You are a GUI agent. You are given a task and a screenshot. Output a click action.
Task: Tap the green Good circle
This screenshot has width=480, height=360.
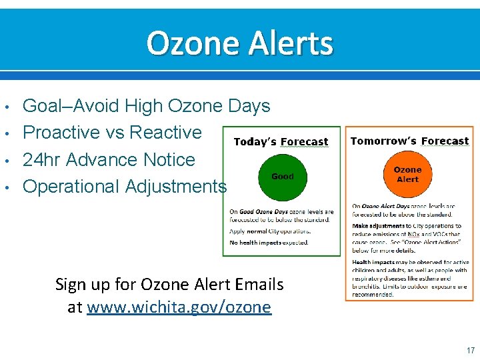pos(282,177)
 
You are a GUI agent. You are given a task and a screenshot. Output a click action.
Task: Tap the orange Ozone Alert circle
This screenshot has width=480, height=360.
pos(407,175)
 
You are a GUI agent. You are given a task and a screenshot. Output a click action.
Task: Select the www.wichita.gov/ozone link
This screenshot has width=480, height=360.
pos(179,307)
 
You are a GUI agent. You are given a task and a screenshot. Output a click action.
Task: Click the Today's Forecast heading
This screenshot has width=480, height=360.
pos(281,142)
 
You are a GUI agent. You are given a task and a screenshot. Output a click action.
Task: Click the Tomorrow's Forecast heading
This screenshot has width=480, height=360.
pos(409,141)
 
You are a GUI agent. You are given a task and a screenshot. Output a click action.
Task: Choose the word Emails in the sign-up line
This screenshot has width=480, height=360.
pos(257,285)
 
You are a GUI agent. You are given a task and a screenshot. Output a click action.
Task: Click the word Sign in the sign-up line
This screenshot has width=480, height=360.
pos(70,285)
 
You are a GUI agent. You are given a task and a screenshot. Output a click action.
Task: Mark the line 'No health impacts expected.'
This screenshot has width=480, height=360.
pos(269,243)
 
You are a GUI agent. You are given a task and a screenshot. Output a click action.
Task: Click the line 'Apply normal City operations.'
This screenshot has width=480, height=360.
pos(270,231)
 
